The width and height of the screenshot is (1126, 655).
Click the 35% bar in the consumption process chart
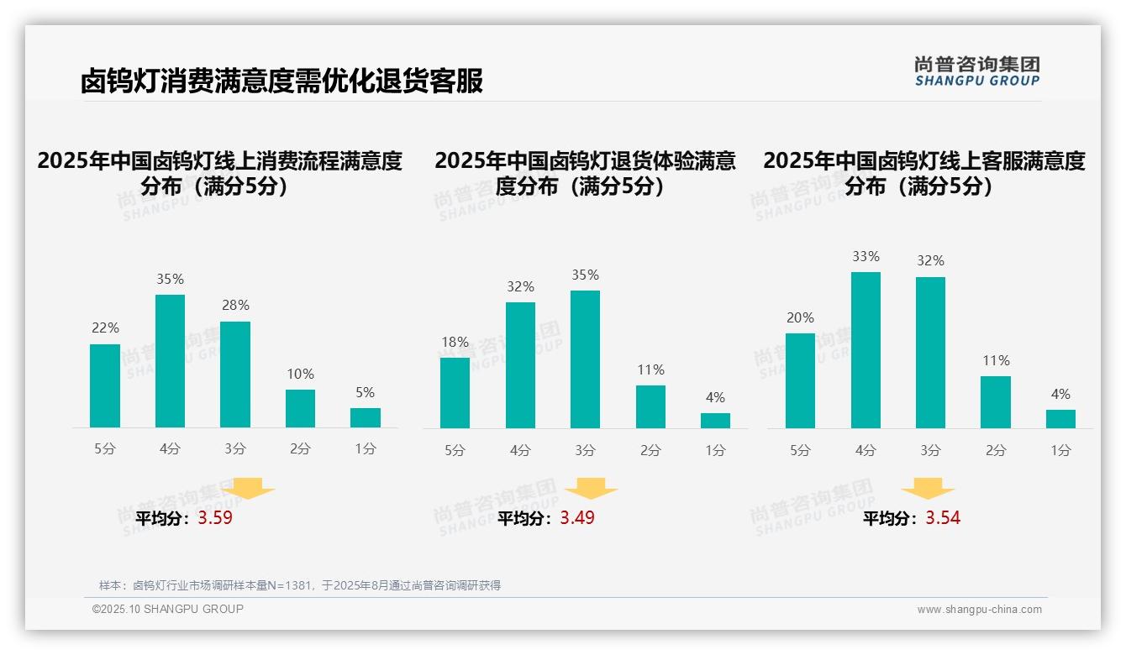[x=170, y=361]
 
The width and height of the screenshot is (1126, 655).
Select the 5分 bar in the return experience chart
[x=455, y=393]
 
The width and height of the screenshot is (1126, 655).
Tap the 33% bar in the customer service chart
[x=866, y=350]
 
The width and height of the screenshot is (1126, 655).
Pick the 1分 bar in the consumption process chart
[x=366, y=417]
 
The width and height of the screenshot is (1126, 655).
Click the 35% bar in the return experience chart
[x=585, y=359]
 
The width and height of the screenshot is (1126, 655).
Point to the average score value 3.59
[x=215, y=518]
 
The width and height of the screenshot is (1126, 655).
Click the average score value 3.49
[x=577, y=518]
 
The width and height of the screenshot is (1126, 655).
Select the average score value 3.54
[x=943, y=518]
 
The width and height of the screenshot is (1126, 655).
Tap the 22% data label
[x=105, y=327]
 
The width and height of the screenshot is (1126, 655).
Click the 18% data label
[x=455, y=342]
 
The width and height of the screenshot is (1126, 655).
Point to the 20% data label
[x=800, y=317]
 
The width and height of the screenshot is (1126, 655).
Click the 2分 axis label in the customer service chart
[x=996, y=450]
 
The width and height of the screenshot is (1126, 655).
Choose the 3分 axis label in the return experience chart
[x=585, y=450]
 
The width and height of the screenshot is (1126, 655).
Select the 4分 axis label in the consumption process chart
[x=170, y=449]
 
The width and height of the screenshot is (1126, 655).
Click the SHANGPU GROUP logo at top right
[x=976, y=71]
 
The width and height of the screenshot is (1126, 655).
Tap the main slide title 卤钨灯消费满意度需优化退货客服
[x=281, y=81]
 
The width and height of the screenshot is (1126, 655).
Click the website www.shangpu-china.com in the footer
[x=979, y=610]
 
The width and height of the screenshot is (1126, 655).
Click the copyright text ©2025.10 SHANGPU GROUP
[x=168, y=609]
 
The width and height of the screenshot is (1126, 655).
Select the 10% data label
[x=300, y=374]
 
